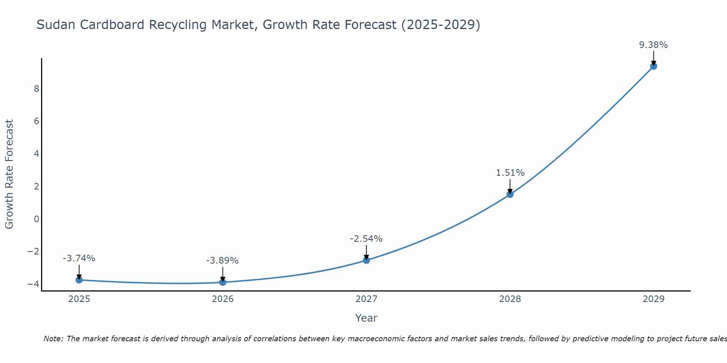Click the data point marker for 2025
coord(79,280)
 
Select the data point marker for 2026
coord(223,282)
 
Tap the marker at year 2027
coord(366,260)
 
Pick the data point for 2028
coord(510,194)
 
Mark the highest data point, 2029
coord(654,66)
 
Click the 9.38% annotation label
coord(653,45)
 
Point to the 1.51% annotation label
coord(510,173)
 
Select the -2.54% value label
coord(366,239)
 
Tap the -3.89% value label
coord(222,261)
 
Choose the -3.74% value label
coord(79,258)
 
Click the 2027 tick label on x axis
coord(366,299)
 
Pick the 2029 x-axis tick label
coord(654,299)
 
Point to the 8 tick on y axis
coord(36,89)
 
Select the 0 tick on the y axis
coord(36,219)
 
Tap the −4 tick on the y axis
coord(33,284)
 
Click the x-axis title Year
coord(366,318)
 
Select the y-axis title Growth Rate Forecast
coord(9,174)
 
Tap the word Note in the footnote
coord(53,339)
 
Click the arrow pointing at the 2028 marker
coord(510,186)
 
